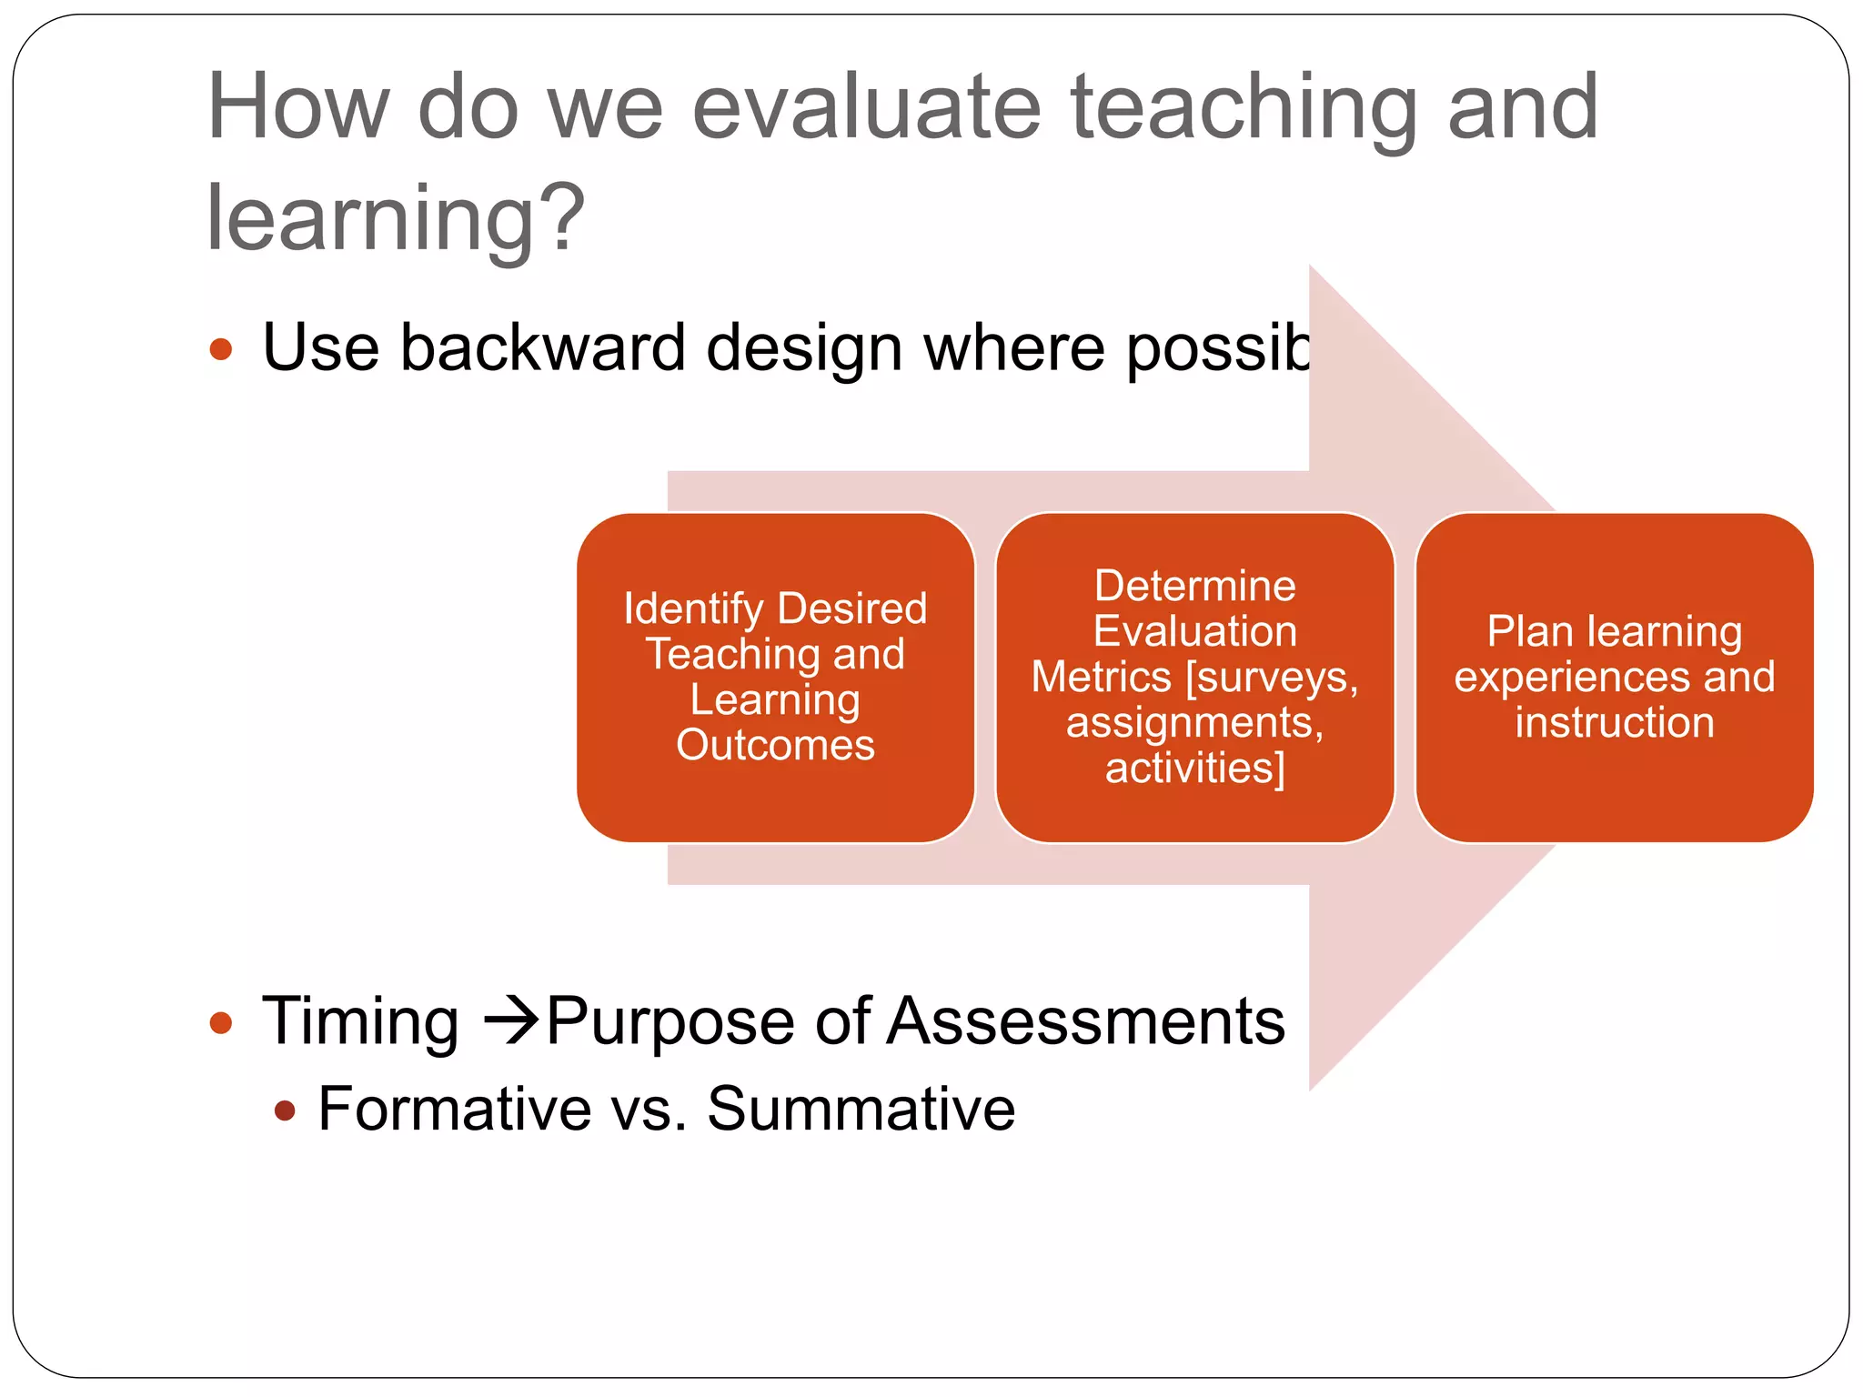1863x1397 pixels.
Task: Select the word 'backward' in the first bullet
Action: click(x=542, y=348)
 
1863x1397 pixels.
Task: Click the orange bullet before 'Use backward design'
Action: click(x=221, y=349)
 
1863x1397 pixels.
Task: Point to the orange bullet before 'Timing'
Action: click(x=221, y=1023)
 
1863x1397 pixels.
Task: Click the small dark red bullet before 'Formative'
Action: click(x=285, y=1111)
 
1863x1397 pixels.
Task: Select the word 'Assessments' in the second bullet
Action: click(x=1086, y=1021)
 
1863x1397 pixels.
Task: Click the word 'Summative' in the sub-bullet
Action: click(x=861, y=1110)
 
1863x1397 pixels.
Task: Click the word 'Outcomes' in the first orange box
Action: click(x=775, y=745)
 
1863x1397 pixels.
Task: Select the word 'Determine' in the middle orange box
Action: click(x=1194, y=586)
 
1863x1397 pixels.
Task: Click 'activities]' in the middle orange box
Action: click(x=1194, y=768)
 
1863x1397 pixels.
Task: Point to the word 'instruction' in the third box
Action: click(x=1614, y=723)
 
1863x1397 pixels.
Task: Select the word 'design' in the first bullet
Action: click(x=804, y=348)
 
